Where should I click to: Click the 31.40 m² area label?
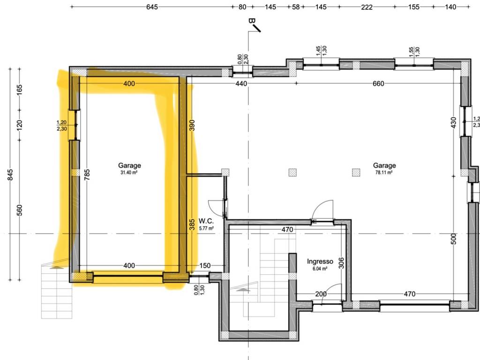click(129, 172)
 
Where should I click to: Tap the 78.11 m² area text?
click(384, 172)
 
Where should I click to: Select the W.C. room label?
click(206, 221)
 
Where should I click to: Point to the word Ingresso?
click(320, 262)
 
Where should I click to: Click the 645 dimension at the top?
click(152, 7)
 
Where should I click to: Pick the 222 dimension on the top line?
click(367, 7)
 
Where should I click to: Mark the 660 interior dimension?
click(378, 83)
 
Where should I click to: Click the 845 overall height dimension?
click(10, 175)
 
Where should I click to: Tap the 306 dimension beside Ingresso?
click(342, 263)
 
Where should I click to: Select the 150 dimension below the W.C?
click(205, 265)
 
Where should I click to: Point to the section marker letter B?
click(252, 21)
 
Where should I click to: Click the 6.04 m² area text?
click(320, 269)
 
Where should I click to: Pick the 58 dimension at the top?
click(296, 7)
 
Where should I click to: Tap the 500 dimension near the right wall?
click(454, 239)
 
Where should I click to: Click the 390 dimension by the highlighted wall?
click(192, 125)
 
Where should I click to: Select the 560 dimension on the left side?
click(20, 210)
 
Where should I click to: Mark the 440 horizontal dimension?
click(241, 83)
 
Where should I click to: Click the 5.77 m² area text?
click(206, 228)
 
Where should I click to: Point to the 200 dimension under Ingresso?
click(321, 294)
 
